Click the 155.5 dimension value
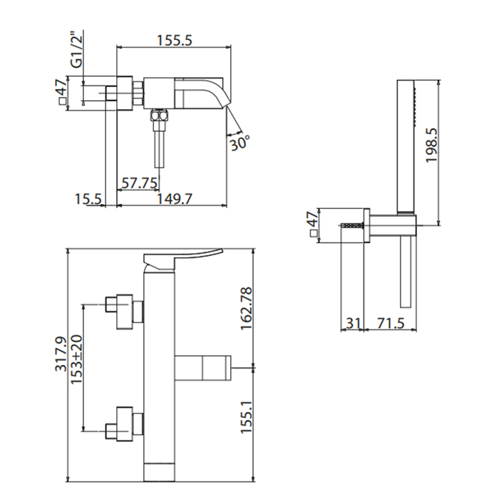175,40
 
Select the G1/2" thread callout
77,50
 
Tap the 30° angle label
240,143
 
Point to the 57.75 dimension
140,183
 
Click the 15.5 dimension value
88,199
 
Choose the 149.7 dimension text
175,199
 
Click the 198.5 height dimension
432,145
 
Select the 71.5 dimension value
391,324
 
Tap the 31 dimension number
353,324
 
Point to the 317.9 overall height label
61,354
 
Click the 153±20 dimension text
76,359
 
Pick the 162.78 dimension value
247,309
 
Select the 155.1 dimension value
247,416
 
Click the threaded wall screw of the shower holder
352,225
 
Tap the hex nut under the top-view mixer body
159,115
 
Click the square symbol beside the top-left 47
63,101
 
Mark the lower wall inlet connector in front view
125,424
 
